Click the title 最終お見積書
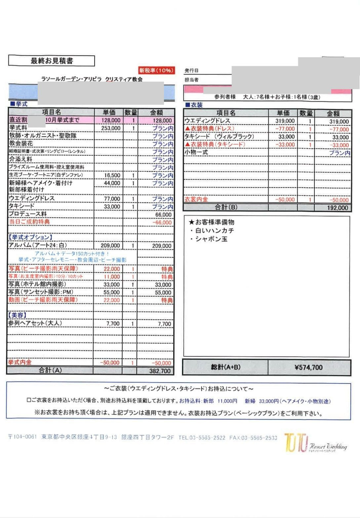coord(52,61)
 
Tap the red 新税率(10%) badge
coord(156,70)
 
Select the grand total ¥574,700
coord(308,367)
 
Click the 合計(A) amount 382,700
coord(160,371)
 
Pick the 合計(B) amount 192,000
coord(337,208)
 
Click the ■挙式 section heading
coord(19,104)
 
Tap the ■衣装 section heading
coord(194,105)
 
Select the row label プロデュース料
coord(28,214)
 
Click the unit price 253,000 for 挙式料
coord(111,128)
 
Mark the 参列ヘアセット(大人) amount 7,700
coord(164,324)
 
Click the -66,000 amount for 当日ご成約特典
coord(162,222)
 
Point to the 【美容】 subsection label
coord(17,315)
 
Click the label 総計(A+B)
coord(225,367)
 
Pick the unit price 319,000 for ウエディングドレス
coord(285,121)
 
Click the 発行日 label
coord(191,71)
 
